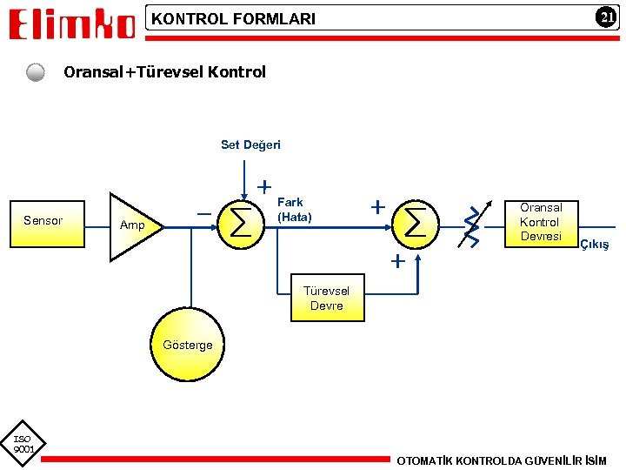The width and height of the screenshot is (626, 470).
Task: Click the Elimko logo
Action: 72,23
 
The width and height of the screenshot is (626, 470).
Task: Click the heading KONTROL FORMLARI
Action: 234,18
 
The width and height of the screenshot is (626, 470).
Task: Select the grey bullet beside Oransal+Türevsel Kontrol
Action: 35,72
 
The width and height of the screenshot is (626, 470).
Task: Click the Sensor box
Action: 43,221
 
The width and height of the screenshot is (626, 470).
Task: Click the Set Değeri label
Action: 250,145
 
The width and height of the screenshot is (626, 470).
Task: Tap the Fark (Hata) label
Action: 294,210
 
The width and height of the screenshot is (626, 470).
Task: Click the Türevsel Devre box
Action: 326,299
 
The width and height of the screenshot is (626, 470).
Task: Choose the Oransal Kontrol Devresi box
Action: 541,222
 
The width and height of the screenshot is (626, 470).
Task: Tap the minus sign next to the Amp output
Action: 203,212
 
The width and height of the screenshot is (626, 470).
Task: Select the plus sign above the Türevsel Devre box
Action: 398,261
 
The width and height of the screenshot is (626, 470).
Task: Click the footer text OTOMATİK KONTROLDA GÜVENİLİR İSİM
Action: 502,460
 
